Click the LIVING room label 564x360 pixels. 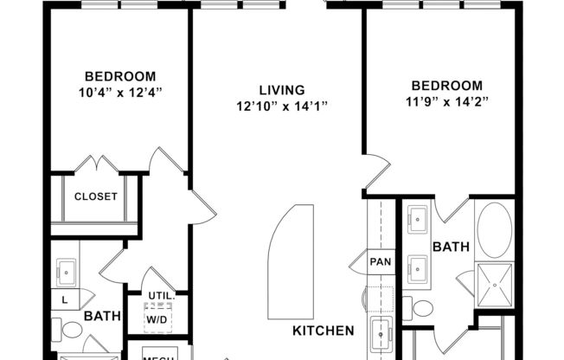[x=281, y=90]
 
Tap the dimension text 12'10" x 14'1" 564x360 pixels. [x=281, y=106]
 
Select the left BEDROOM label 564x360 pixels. [x=119, y=75]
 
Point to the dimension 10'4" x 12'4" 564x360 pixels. [x=119, y=91]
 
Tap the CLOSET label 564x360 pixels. [x=95, y=196]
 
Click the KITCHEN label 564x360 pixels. [x=323, y=331]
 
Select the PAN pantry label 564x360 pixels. [x=381, y=260]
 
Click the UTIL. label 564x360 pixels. [x=161, y=297]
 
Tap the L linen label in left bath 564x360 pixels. [x=65, y=299]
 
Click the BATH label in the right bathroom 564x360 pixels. [x=451, y=247]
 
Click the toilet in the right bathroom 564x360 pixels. [x=423, y=307]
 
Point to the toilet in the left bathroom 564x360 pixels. [x=72, y=330]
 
